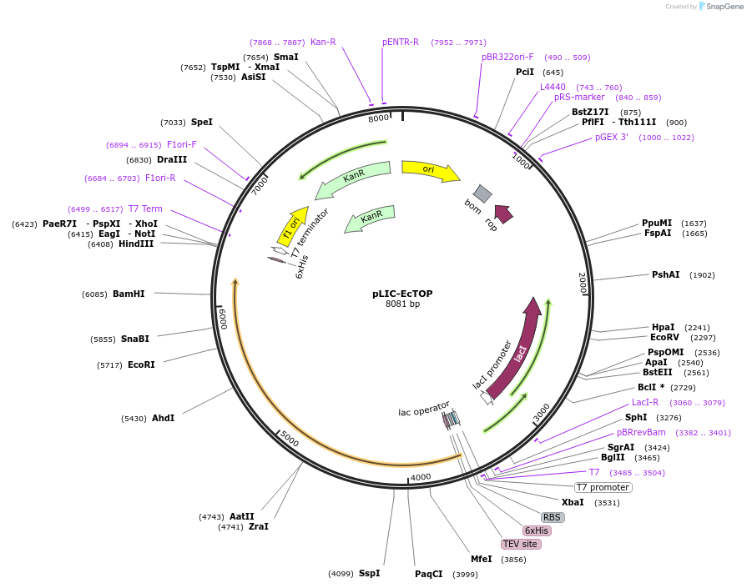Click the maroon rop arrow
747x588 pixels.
503,214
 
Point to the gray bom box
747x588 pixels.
482,193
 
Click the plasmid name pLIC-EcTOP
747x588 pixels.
402,294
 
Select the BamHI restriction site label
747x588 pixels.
129,294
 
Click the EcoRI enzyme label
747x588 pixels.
140,364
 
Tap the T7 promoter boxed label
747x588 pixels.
603,487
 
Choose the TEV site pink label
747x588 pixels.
521,544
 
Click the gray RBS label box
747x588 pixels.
553,517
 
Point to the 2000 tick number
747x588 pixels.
583,282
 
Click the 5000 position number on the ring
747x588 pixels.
290,437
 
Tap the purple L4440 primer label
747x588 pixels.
553,87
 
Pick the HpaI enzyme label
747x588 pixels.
663,328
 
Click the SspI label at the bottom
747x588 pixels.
369,573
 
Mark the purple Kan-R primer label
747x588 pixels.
323,42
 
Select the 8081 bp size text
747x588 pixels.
402,304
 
